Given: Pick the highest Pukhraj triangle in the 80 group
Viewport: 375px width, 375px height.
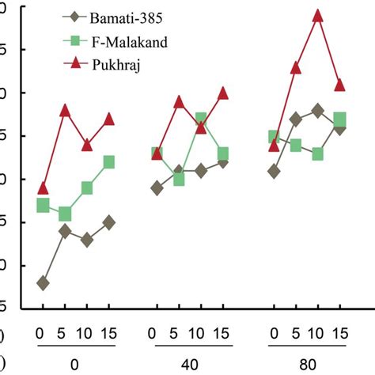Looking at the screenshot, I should (x=318, y=16).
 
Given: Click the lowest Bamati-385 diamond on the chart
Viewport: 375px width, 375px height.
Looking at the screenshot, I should (x=43, y=282).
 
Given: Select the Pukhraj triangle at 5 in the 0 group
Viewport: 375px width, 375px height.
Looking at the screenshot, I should (x=65, y=111).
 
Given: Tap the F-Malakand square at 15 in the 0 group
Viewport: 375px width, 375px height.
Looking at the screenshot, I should (x=109, y=162).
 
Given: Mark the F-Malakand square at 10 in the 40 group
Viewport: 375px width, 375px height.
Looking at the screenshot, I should (x=201, y=119).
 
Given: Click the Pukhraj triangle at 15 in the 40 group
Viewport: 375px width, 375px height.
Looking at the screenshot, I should (x=223, y=93).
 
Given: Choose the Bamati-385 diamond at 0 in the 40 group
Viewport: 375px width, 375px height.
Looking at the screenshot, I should (x=157, y=188).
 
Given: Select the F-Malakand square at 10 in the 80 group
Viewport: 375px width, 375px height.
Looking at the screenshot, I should (x=318, y=153).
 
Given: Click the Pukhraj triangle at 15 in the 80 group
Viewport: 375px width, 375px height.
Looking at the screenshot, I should (x=340, y=85).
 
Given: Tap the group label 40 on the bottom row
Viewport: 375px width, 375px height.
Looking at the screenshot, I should (x=190, y=365).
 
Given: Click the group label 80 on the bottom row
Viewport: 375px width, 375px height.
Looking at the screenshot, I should (x=307, y=365).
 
